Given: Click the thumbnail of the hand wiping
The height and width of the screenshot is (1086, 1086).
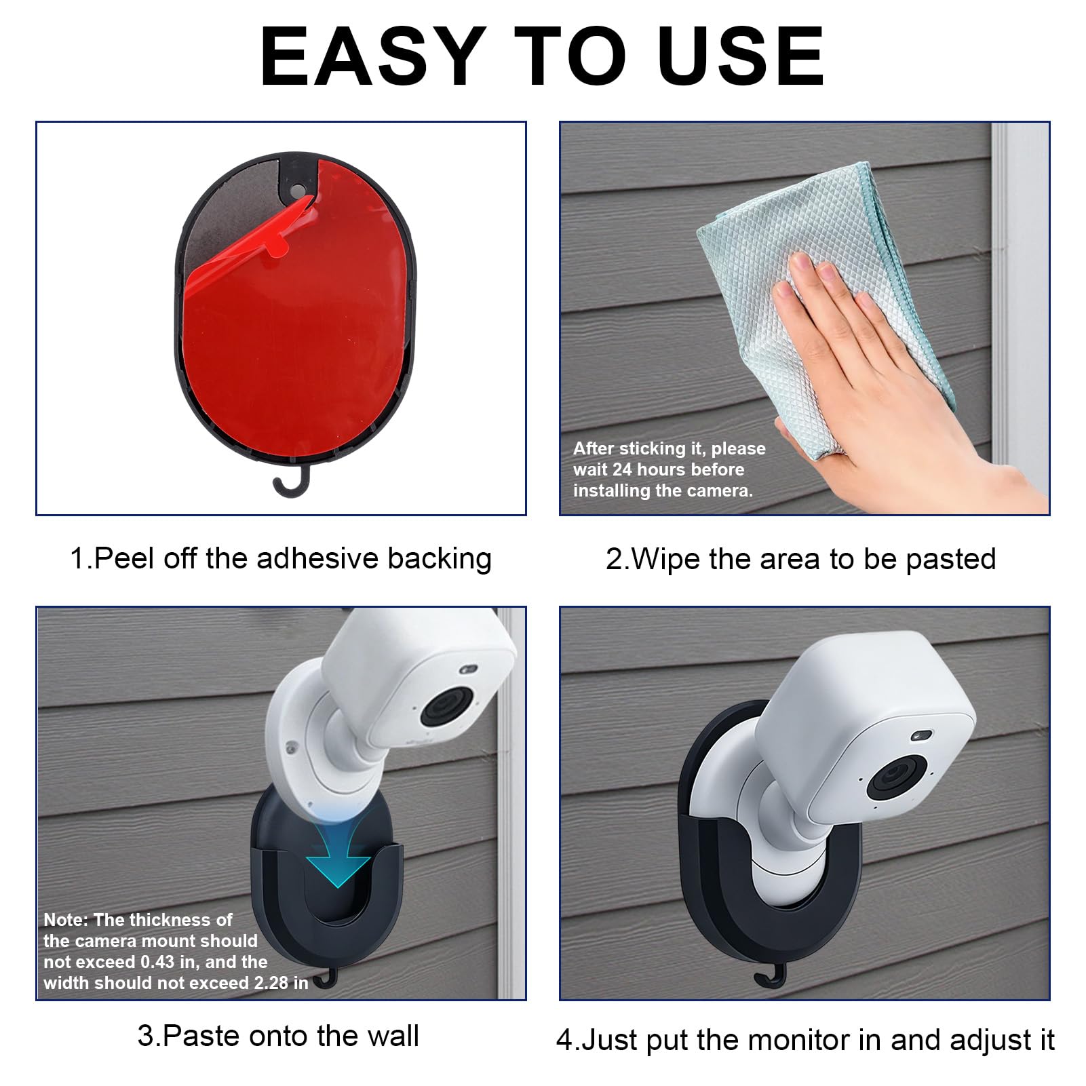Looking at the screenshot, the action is pyautogui.click(x=804, y=319).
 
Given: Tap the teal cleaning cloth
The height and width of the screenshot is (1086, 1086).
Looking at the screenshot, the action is pyautogui.click(x=828, y=298).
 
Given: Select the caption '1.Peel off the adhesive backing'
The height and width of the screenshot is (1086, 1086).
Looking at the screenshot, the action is pyautogui.click(x=281, y=558).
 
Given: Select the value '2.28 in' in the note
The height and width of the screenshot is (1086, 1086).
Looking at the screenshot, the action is pyautogui.click(x=279, y=983).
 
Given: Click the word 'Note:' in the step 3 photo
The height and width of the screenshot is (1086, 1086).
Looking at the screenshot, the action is pyautogui.click(x=66, y=920).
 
